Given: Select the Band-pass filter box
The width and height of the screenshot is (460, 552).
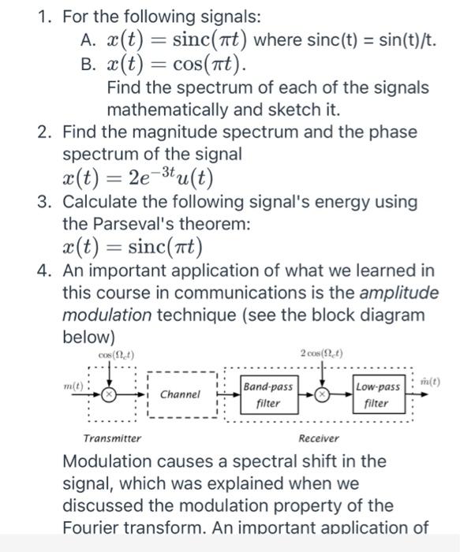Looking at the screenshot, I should tap(267, 395).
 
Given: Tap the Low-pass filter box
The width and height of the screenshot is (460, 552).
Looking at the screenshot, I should tap(377, 395).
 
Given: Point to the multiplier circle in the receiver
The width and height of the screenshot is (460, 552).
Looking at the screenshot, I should tap(322, 394).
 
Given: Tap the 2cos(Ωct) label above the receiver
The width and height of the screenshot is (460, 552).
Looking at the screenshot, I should tap(323, 352).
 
